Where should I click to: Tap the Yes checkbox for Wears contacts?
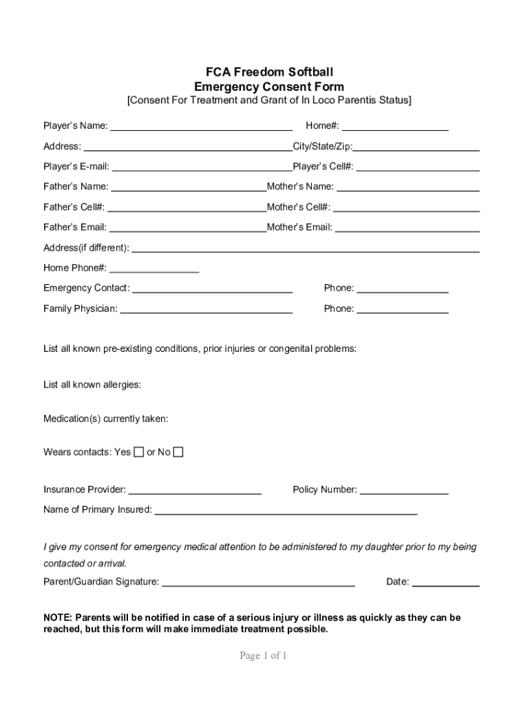138,452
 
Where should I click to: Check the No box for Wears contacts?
178,452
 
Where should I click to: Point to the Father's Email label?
75,227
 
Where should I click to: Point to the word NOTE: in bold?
58,618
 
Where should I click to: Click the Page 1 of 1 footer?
263,656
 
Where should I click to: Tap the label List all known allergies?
92,385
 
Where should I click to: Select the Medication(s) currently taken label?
105,419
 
